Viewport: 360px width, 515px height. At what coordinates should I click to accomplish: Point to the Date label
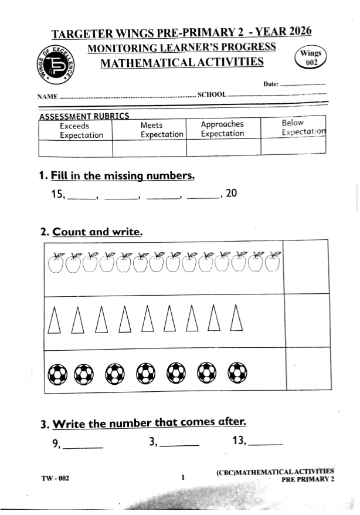(x=270, y=84)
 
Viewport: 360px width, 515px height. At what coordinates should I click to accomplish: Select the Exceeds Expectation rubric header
(x=81, y=130)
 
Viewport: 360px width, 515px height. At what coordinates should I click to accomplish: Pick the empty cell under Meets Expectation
(x=148, y=148)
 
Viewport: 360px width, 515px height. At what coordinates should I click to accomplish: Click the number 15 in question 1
(x=58, y=194)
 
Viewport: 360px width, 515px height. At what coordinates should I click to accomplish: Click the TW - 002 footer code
(x=55, y=478)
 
